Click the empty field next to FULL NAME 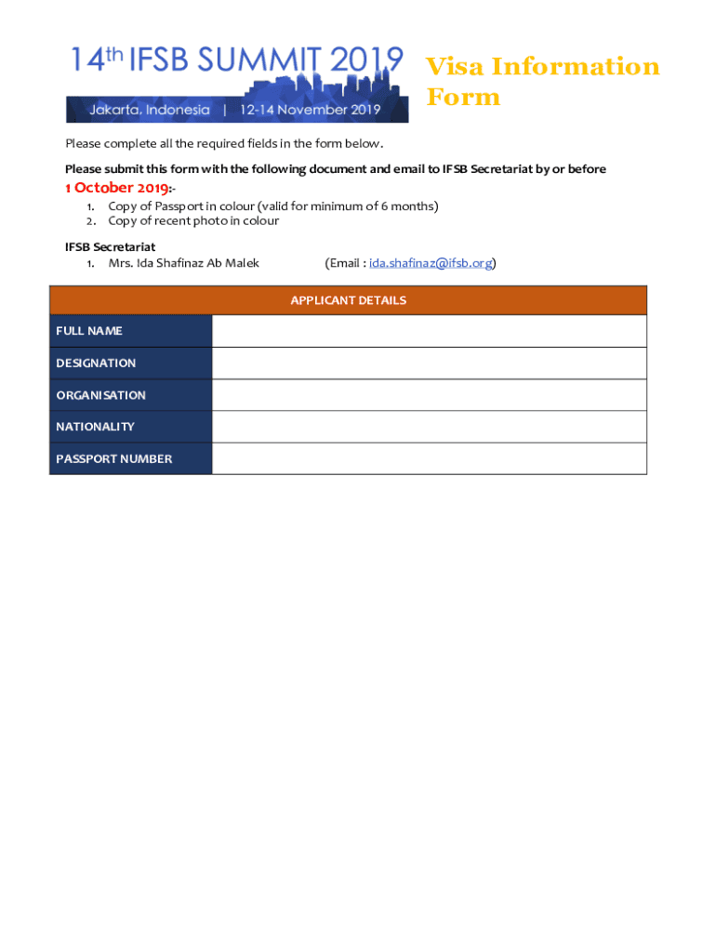click(429, 331)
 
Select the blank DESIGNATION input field click(429, 363)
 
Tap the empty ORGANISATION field click(429, 395)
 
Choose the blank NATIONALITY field click(429, 427)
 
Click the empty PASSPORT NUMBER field click(429, 458)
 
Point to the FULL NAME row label click(89, 331)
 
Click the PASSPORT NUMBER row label click(113, 458)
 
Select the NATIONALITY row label click(95, 427)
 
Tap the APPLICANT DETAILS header click(348, 300)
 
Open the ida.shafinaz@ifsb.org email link click(431, 263)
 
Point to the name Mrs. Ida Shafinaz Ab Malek click(183, 263)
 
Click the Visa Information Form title click(542, 82)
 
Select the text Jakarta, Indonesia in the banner click(150, 110)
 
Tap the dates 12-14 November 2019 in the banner click(311, 110)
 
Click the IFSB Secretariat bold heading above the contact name click(110, 246)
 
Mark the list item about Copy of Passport click(272, 205)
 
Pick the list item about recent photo click(193, 220)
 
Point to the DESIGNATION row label click(96, 363)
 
